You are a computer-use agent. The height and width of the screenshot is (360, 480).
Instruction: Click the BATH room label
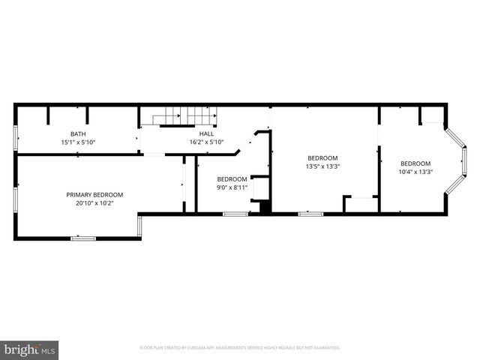(78, 133)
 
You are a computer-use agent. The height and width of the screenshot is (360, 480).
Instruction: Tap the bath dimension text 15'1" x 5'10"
(78, 142)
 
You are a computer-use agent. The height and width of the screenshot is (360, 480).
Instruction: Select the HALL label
(206, 133)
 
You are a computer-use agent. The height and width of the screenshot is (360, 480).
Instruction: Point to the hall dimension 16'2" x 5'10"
(206, 142)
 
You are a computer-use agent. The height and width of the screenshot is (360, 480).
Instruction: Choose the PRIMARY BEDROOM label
(94, 194)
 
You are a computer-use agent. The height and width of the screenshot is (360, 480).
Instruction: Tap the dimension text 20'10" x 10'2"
(94, 202)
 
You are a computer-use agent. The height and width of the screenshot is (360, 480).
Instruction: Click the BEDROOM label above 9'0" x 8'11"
(232, 178)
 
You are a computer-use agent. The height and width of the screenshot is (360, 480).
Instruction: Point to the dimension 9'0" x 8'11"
(232, 187)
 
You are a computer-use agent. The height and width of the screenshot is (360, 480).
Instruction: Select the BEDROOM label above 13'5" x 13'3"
(322, 157)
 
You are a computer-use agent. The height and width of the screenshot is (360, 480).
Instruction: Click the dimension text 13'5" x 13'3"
(322, 166)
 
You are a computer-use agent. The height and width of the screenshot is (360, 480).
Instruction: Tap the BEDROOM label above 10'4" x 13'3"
(415, 163)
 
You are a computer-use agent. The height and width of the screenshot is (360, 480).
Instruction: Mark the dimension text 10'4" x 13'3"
(415, 172)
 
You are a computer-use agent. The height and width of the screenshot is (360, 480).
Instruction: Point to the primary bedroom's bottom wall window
(83, 238)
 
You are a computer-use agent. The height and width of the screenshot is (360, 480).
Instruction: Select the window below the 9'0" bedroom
(235, 214)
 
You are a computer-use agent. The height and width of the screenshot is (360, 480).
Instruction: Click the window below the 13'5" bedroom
(310, 214)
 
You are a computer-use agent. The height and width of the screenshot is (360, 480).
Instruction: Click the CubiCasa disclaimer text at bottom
(240, 348)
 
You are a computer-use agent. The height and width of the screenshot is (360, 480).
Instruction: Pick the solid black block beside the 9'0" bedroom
(264, 207)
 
